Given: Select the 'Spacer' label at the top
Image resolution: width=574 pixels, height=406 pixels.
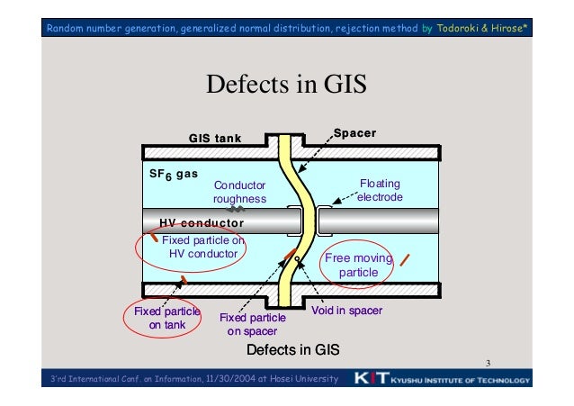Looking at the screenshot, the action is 354,134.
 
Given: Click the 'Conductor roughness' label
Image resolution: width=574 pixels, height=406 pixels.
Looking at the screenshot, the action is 239,193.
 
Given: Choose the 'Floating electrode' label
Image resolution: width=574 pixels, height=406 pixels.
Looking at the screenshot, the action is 380,190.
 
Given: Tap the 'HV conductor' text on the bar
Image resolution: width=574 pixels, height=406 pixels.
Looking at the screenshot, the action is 202,222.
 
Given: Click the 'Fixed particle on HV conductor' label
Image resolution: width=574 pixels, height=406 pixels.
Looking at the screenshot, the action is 202,247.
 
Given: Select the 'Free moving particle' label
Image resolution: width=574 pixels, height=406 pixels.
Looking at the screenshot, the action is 359,266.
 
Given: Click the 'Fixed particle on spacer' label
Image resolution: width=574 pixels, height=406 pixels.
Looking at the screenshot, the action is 253,324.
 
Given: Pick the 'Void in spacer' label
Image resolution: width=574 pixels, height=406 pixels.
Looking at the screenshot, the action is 347,311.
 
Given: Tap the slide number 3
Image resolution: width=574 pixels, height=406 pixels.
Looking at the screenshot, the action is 487,364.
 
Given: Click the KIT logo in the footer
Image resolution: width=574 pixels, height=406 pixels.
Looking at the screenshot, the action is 371,380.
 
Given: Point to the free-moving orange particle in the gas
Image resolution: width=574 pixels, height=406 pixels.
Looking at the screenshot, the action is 405,260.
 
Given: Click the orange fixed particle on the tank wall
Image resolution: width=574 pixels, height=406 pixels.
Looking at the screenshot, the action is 183,280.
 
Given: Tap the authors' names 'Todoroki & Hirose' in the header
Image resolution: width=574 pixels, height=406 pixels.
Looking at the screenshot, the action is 482,29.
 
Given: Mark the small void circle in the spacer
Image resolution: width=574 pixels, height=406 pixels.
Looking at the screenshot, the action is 296,261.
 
